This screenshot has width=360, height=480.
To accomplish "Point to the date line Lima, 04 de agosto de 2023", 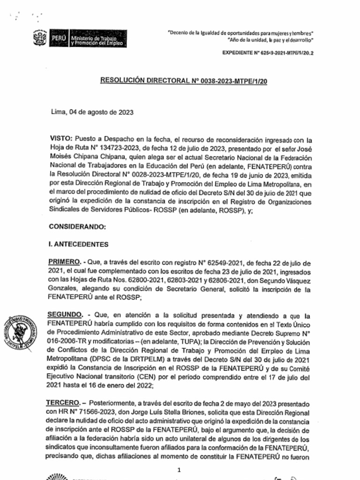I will (92, 112).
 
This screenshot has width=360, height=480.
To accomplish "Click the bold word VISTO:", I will (60, 139).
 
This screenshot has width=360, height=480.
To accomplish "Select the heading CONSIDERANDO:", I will (78, 227).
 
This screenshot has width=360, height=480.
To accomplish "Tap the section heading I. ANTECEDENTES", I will (79, 244).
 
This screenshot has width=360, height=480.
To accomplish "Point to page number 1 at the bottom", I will (179, 470).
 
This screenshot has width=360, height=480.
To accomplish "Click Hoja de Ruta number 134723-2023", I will (107, 148).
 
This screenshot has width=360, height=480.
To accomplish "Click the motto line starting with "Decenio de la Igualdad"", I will (241, 33).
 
